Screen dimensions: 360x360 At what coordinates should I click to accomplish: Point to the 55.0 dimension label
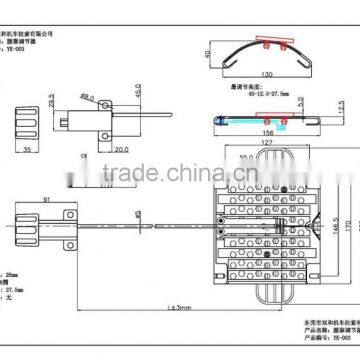(x=247, y=158)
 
